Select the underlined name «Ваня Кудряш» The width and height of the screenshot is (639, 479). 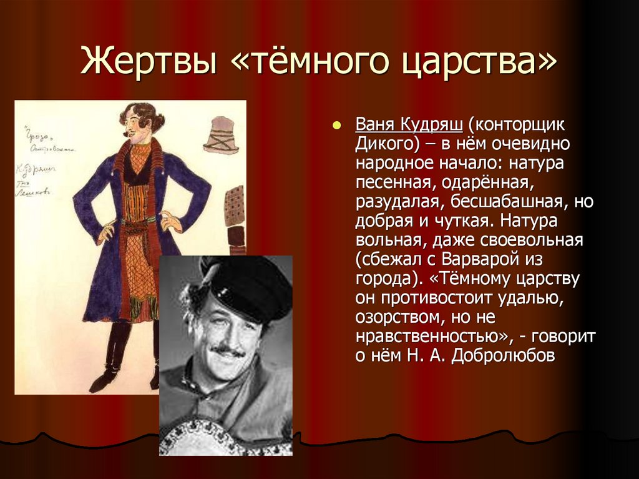point(409,124)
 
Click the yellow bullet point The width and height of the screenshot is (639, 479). point(337,125)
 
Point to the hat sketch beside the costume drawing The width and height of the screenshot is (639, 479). point(221,135)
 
